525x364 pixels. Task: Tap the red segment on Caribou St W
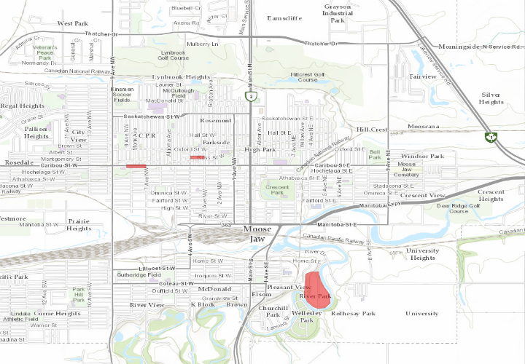coord(136,166)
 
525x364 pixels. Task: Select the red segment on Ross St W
coord(198,157)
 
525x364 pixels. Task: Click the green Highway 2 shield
coord(250,95)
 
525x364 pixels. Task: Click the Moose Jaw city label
coord(257,234)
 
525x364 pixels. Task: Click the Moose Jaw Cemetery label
coord(406,170)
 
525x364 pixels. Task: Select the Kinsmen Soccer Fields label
coord(122,94)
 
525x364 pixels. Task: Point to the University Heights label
coord(423,254)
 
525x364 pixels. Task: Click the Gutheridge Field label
coord(139,274)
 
